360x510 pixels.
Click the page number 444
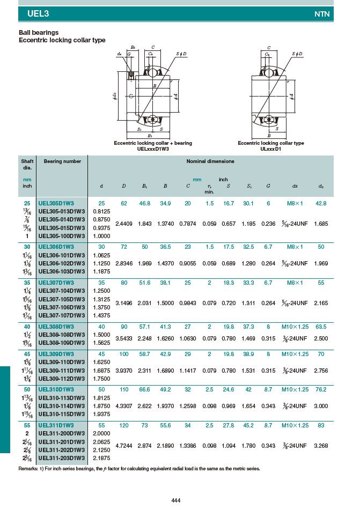coord(175,500)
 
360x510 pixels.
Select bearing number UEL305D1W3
coord(56,203)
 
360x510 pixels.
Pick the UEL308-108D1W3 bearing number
coord(61,335)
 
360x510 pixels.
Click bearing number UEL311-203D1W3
coord(61,458)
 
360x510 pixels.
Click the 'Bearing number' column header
coord(62,161)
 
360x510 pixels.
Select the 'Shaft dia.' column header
coord(27,164)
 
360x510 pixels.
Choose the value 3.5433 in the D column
coord(124,338)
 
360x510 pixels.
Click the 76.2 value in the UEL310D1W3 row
coord(321,389)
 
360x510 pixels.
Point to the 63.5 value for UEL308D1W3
coord(321,327)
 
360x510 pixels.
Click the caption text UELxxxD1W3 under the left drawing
coord(153,149)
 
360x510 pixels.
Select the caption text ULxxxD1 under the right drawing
coord(270,149)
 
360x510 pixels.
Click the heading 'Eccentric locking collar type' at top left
coord(62,40)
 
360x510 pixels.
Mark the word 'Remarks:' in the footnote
coord(29,469)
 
